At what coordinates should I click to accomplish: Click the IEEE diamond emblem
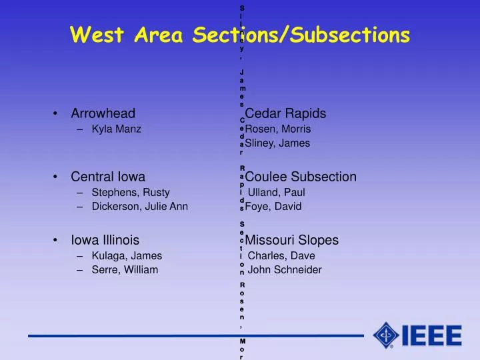387,335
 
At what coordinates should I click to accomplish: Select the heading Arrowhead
103,113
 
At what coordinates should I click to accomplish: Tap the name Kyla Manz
117,129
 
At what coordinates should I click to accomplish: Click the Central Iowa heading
109,177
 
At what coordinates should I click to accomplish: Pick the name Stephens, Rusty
131,193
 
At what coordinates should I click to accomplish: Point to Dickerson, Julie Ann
140,207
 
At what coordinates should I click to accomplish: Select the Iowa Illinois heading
105,240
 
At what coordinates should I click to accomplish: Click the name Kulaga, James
127,256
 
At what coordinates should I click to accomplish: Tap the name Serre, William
125,270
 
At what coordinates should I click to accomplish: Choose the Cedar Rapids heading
285,113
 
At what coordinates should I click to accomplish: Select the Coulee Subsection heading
301,177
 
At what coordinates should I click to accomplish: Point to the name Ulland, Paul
277,193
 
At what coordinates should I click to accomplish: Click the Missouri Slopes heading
292,240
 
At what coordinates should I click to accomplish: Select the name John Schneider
285,270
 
